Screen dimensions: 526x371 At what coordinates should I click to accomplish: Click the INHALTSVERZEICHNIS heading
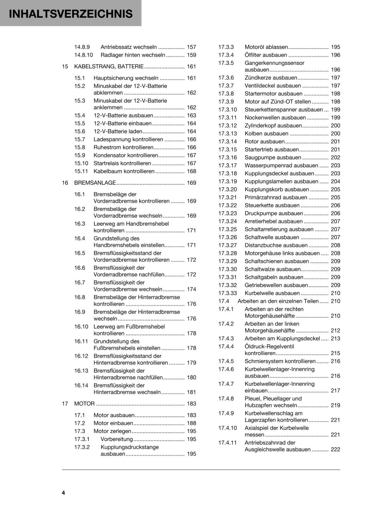tap(71, 14)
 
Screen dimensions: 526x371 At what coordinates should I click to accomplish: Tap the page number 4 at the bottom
tap(63, 492)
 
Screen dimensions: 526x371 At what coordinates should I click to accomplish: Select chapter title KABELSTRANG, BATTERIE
tap(109, 66)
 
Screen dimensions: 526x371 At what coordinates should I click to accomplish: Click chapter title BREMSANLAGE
tap(95, 183)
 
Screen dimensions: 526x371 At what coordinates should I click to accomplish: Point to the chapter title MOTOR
tap(84, 403)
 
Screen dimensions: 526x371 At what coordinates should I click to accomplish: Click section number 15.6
tap(79, 131)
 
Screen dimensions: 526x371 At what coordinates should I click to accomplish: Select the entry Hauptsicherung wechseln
tap(126, 78)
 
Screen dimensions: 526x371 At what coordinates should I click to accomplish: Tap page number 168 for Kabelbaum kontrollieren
tap(191, 171)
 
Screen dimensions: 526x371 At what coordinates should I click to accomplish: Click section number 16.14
tap(81, 385)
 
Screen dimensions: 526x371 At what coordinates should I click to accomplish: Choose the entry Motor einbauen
tap(113, 423)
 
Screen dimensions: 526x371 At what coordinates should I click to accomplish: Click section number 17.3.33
tap(228, 293)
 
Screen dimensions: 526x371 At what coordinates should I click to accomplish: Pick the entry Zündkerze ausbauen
tap(271, 78)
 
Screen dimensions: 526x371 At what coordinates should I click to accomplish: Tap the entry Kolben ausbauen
tap(266, 133)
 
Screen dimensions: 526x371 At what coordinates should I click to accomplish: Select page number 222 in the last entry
tap(335, 449)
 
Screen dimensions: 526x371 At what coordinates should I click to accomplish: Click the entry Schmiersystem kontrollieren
tap(280, 361)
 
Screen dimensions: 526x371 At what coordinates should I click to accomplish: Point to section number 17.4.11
tap(228, 442)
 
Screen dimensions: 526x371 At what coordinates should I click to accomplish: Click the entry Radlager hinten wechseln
tap(133, 55)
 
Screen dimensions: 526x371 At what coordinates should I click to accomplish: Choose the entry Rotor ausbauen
tap(264, 141)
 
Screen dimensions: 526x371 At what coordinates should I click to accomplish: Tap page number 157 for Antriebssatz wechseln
tap(191, 47)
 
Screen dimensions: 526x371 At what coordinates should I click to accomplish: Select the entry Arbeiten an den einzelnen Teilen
tap(278, 301)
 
